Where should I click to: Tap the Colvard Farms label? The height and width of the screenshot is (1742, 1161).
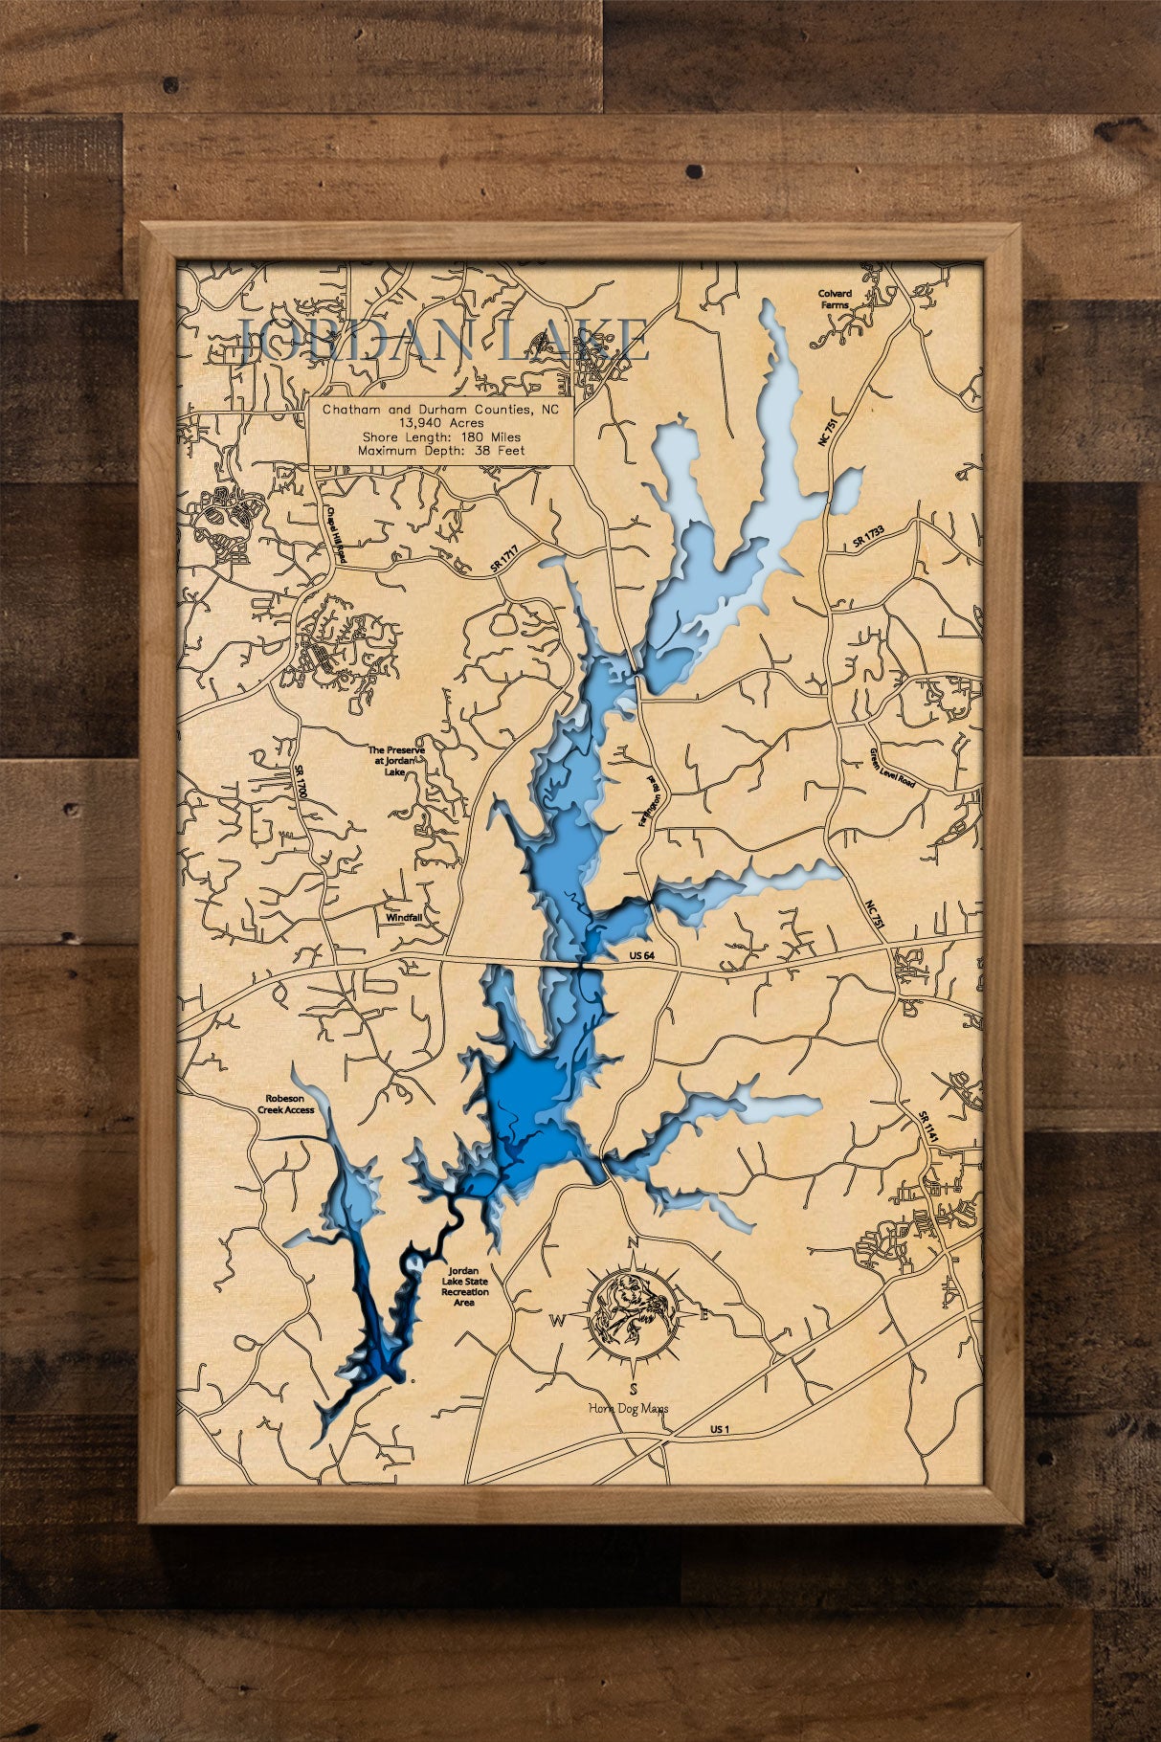(834, 298)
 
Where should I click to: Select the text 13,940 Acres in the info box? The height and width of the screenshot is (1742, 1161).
(441, 422)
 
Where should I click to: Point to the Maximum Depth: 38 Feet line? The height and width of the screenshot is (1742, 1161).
(441, 450)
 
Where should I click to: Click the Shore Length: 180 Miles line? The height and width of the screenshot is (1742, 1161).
(441, 436)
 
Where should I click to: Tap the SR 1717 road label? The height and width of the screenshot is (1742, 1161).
(503, 561)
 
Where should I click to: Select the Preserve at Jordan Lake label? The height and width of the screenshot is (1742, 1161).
(396, 761)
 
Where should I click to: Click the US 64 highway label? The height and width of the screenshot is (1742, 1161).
(641, 956)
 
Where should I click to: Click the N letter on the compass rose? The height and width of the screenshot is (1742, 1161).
(632, 1243)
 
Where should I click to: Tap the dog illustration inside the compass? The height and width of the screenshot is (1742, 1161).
(632, 1307)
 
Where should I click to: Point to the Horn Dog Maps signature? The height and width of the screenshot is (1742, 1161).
(632, 1409)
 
